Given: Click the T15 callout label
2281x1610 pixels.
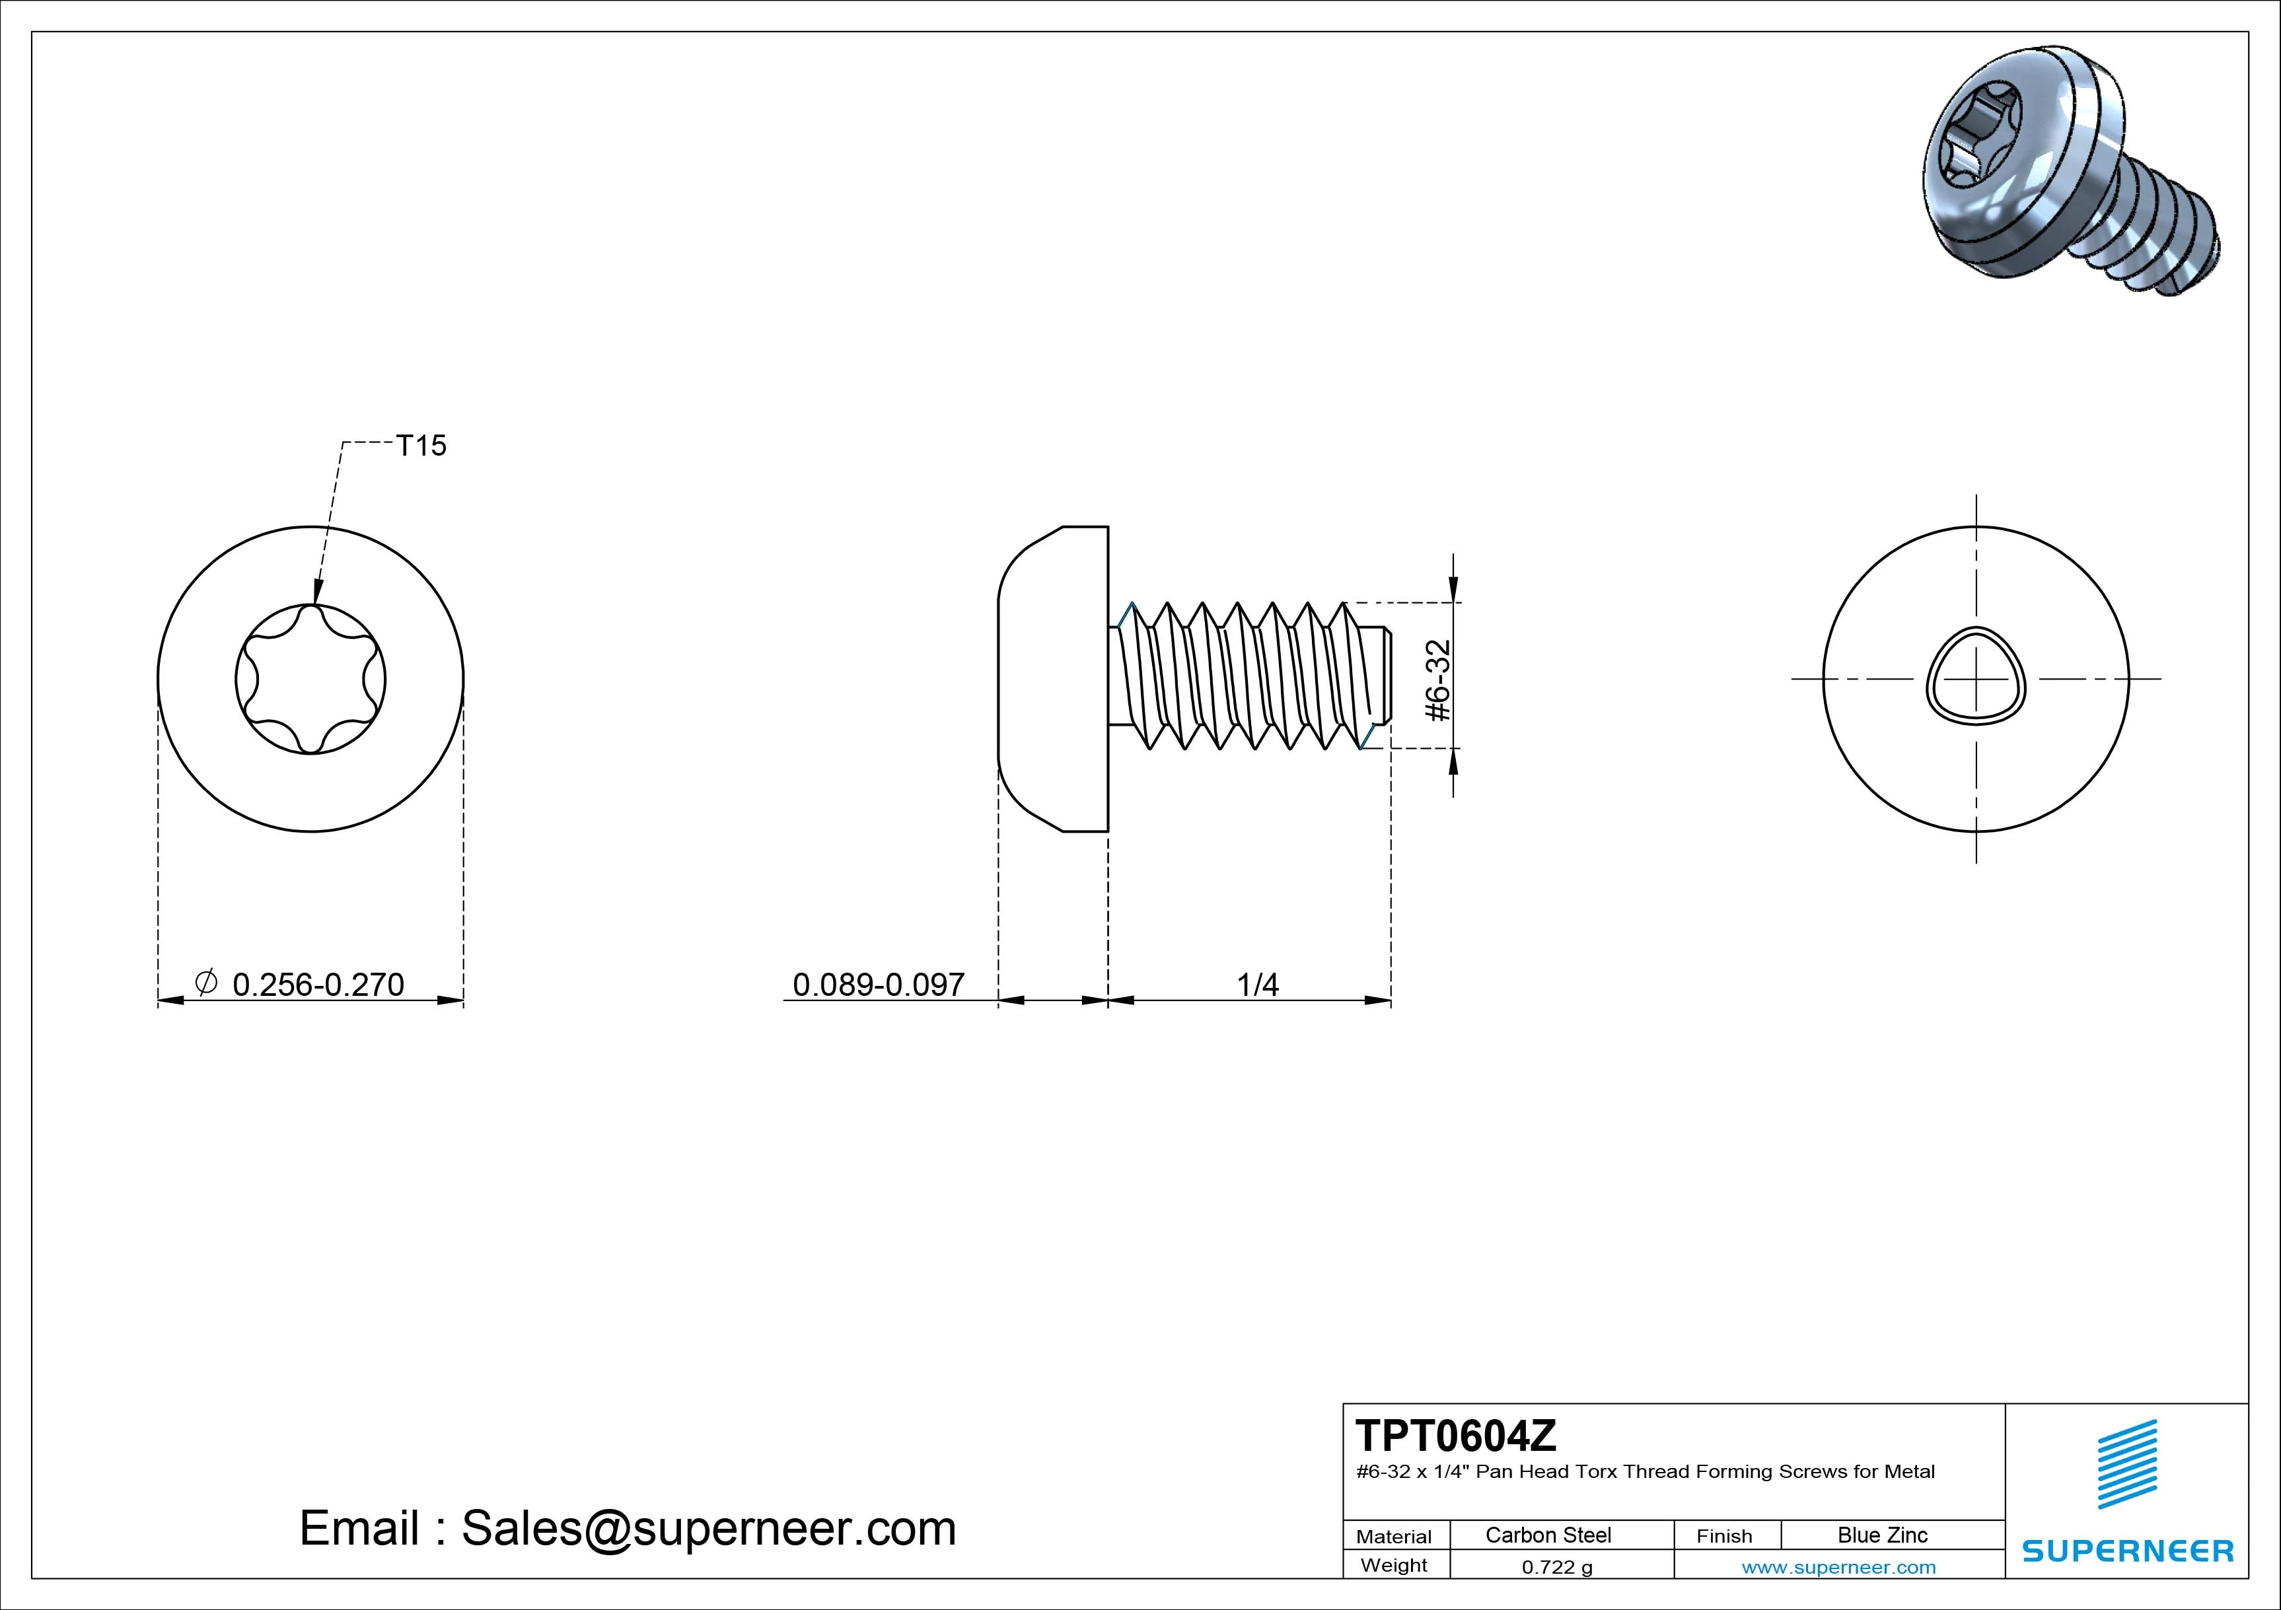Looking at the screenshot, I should click(421, 446).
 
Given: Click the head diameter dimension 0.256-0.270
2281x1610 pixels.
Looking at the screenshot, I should click(318, 984).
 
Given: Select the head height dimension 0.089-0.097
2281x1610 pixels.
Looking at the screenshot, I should click(878, 984).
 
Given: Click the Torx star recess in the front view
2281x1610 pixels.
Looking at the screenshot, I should click(311, 680).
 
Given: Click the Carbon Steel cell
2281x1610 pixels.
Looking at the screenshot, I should click(1548, 1535).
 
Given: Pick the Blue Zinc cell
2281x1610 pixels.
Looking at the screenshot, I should click(1883, 1535).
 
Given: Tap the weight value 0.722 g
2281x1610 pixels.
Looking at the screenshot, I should click(1557, 1567).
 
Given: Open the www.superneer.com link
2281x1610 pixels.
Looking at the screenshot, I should click(1839, 1567).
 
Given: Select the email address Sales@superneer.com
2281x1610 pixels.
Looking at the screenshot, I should click(708, 1527).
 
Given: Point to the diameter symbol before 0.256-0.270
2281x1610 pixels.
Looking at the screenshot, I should click(205, 982).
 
